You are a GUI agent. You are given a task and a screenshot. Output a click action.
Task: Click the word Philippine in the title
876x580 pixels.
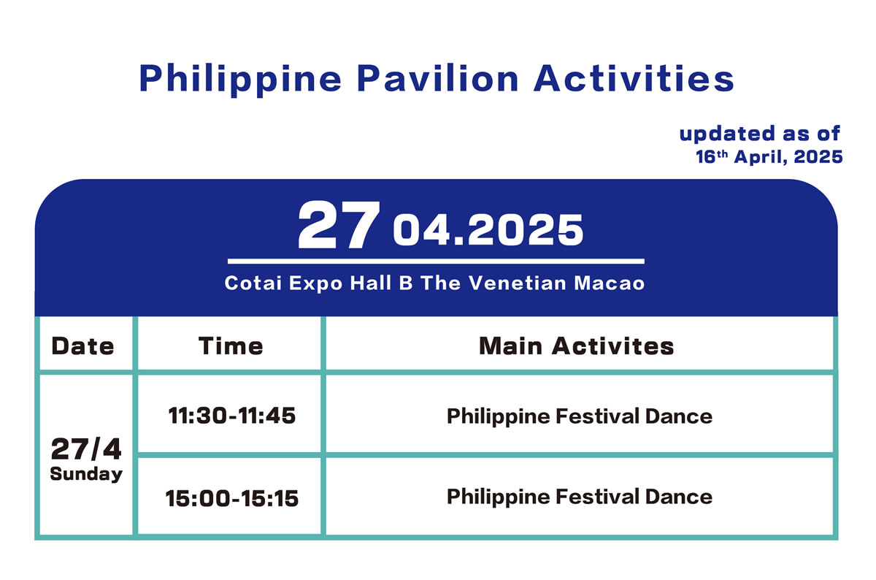pyautogui.click(x=240, y=80)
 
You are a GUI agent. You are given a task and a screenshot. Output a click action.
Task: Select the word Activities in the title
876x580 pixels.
pyautogui.click(x=634, y=78)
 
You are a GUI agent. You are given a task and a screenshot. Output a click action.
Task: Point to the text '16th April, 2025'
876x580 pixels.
pyautogui.click(x=769, y=157)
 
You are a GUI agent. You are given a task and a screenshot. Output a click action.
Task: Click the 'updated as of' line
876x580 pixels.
pyautogui.click(x=759, y=134)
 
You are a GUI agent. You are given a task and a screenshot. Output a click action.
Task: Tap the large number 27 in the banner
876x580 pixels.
pyautogui.click(x=339, y=225)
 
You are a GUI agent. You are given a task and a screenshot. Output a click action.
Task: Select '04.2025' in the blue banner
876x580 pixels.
pyautogui.click(x=488, y=231)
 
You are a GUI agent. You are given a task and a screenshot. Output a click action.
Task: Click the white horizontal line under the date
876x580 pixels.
pyautogui.click(x=436, y=261)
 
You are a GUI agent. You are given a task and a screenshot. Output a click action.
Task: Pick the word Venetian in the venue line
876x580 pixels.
pyautogui.click(x=518, y=283)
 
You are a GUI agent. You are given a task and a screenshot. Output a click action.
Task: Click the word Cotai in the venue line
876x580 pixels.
pyautogui.click(x=253, y=283)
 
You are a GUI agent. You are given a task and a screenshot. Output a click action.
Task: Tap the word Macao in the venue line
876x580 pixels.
pyautogui.click(x=609, y=283)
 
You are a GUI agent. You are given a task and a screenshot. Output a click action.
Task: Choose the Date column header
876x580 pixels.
pyautogui.click(x=82, y=346)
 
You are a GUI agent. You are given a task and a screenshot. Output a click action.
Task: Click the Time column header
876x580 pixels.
pyautogui.click(x=231, y=346)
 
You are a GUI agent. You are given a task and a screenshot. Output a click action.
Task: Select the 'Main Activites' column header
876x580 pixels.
pyautogui.click(x=577, y=346)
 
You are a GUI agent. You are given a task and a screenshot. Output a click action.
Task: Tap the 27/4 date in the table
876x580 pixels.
pyautogui.click(x=86, y=449)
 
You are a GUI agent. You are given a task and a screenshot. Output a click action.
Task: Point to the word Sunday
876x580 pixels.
pyautogui.click(x=86, y=474)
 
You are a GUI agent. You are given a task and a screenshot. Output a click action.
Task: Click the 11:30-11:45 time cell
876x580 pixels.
pyautogui.click(x=232, y=416)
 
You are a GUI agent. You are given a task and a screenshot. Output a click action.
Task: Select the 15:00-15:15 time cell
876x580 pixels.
pyautogui.click(x=232, y=499)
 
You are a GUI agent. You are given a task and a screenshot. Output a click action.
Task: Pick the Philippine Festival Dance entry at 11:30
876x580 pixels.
pyautogui.click(x=580, y=416)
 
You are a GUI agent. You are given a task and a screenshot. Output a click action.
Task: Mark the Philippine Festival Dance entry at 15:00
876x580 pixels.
pyautogui.click(x=580, y=497)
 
